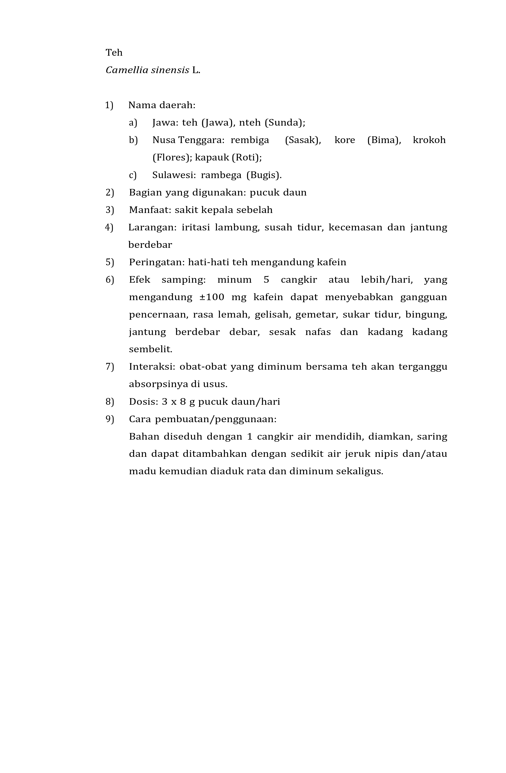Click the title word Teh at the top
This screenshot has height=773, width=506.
(x=114, y=53)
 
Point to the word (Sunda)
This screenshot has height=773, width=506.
(x=285, y=123)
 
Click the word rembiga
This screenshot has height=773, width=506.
(x=250, y=140)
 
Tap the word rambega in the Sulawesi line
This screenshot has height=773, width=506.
(x=221, y=175)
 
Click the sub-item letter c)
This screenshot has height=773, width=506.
(x=133, y=175)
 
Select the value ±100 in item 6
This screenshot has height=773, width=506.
(x=212, y=297)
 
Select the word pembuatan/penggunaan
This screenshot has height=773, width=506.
(x=216, y=419)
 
